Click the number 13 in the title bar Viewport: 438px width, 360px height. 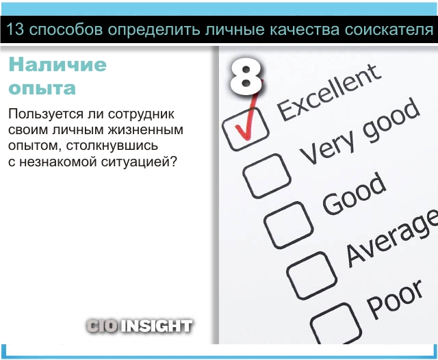click(14, 29)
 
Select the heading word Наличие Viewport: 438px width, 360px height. click(57, 64)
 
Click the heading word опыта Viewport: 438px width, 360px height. click(42, 88)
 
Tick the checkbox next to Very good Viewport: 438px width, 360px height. click(267, 176)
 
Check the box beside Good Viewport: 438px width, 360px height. click(289, 224)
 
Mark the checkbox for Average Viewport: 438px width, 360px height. click(311, 275)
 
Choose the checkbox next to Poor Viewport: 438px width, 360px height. click(335, 324)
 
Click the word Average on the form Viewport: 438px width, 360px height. click(391, 239)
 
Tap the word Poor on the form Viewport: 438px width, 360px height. click(394, 299)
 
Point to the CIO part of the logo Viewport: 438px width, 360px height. click(102, 326)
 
